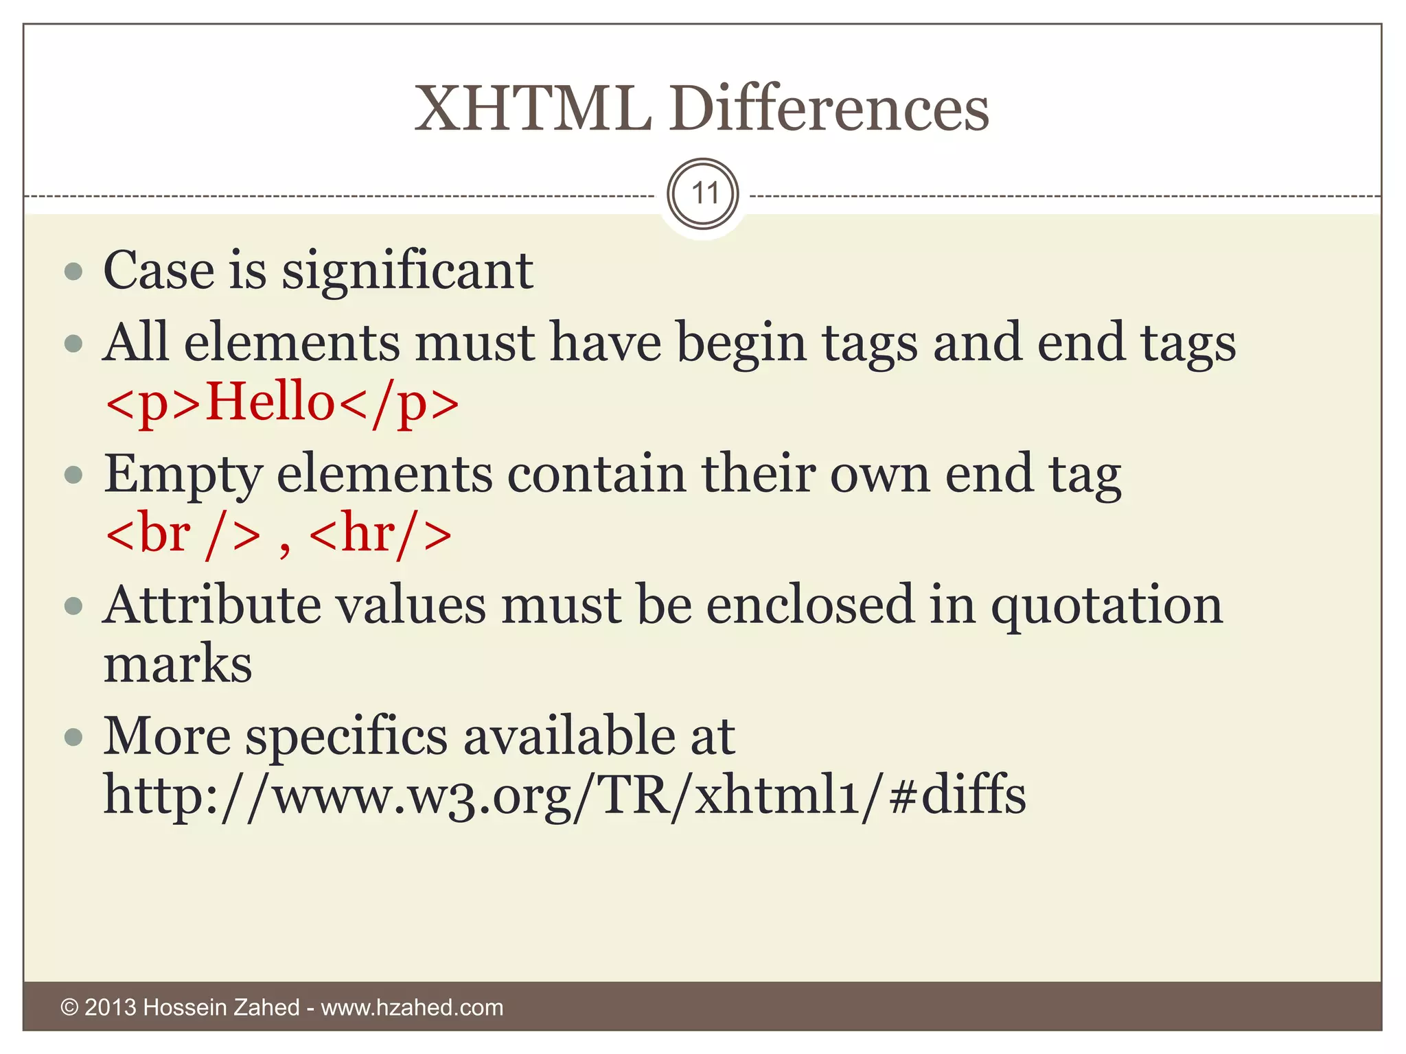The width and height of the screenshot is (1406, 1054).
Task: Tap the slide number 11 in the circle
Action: click(x=703, y=194)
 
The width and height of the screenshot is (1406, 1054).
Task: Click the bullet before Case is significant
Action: click(x=73, y=271)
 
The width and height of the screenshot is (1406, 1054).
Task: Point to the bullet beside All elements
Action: click(x=73, y=342)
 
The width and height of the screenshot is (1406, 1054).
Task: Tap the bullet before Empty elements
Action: click(x=73, y=474)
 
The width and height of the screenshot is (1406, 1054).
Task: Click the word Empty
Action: click(x=183, y=476)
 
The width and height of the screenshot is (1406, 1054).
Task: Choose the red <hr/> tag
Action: click(x=380, y=535)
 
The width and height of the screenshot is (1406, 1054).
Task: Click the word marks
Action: click(x=178, y=664)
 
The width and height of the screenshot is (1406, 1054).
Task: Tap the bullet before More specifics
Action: click(x=73, y=737)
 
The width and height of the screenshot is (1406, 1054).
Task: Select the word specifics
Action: click(x=347, y=737)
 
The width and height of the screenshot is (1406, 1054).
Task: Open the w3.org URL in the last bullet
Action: click(x=564, y=796)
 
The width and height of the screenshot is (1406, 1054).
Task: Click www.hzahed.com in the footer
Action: click(x=412, y=1007)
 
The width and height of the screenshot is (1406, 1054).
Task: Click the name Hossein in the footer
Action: click(x=185, y=1007)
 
